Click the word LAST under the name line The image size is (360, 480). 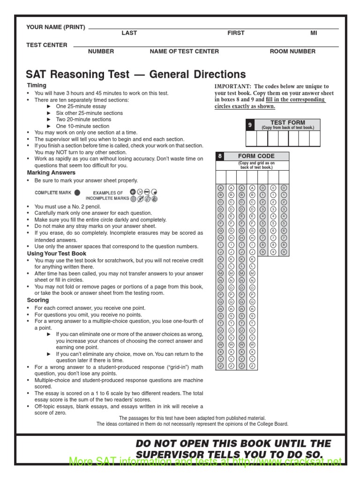tap(129, 33)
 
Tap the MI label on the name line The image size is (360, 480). tap(314, 33)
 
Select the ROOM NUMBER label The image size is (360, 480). tap(292, 52)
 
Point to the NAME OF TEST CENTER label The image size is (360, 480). tap(184, 52)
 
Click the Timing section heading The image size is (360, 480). tap(37, 85)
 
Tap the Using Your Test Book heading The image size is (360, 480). tap(56, 253)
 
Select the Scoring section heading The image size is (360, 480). tap(38, 300)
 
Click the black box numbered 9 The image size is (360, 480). tap(250, 125)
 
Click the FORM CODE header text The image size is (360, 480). tap(256, 156)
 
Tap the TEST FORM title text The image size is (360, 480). tap(287, 122)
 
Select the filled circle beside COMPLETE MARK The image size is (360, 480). tap(77, 192)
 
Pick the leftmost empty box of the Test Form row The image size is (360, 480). tap(251, 139)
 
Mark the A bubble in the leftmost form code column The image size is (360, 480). tap(221, 187)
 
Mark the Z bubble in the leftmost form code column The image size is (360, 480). tap(221, 365)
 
